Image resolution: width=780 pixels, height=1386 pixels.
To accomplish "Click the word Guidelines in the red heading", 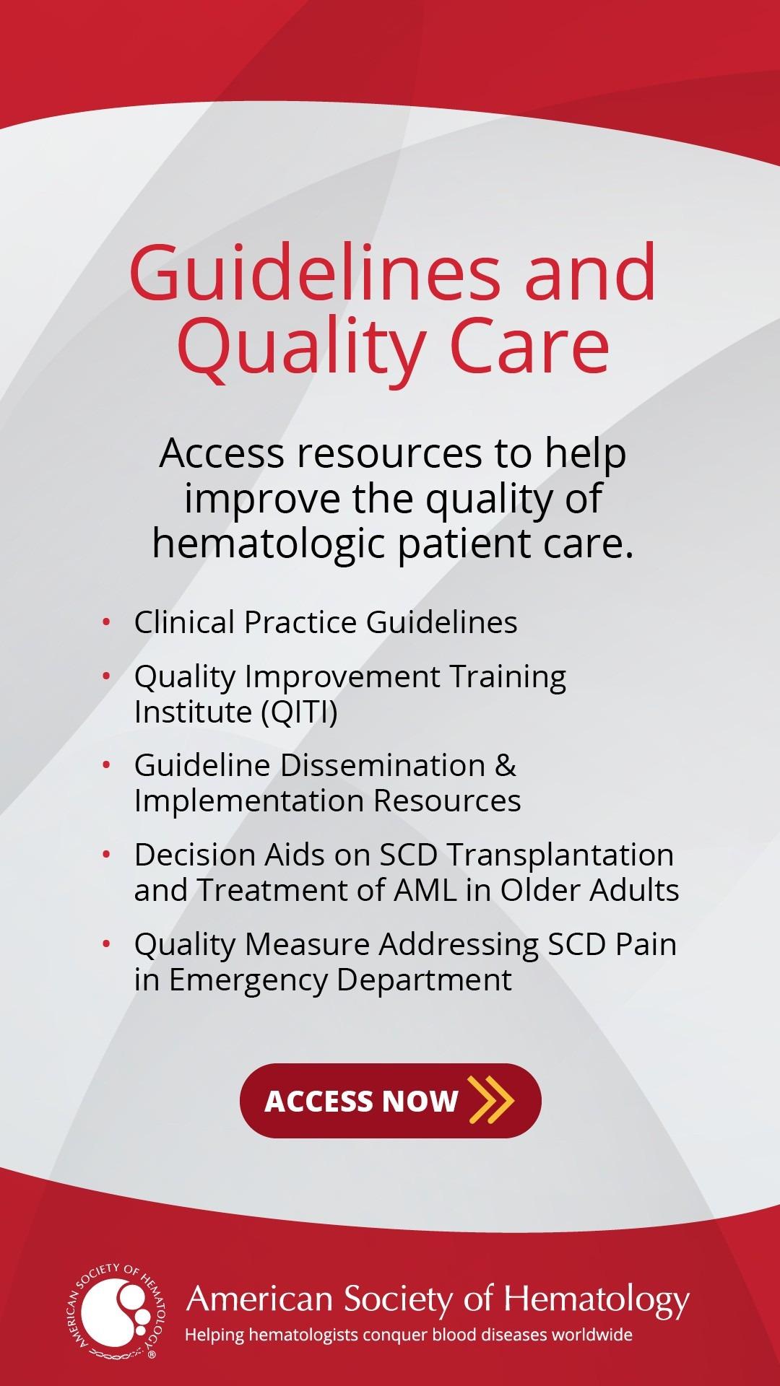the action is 314,272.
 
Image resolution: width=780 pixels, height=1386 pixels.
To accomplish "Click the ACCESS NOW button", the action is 391,1100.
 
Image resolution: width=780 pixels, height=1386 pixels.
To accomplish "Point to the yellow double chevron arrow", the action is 491,1100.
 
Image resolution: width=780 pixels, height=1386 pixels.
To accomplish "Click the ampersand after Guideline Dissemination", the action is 506,765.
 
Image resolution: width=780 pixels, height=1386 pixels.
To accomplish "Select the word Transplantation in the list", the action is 560,855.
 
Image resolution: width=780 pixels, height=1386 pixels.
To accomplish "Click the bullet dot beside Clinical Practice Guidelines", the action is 107,622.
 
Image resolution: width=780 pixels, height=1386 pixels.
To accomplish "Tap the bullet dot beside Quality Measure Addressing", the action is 107,943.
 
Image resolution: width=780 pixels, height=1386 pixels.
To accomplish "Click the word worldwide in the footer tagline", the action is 589,1335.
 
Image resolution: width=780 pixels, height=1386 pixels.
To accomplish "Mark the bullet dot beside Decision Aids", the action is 107,854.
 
